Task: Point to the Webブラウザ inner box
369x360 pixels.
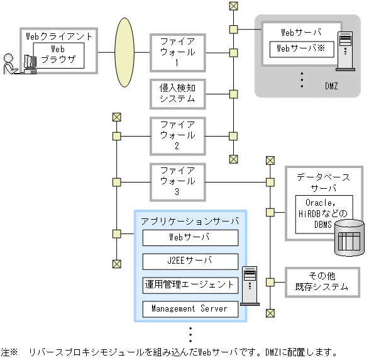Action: [58, 55]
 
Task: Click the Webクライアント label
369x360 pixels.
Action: [58, 37]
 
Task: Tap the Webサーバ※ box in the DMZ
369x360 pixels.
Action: [301, 48]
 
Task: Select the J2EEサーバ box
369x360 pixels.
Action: [190, 261]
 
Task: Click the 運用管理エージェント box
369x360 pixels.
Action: [190, 285]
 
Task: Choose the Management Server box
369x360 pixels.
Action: [190, 309]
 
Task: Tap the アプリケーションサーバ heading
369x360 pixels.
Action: [190, 222]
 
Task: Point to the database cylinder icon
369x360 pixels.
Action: [350, 239]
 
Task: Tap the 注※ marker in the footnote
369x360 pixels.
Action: [9, 352]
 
